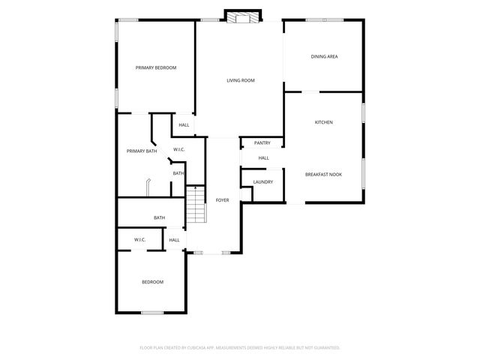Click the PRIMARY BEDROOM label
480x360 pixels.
156,68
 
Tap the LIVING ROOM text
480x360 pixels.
241,80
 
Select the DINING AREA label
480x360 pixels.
324,56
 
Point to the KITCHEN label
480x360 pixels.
323,122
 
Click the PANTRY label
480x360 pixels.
262,142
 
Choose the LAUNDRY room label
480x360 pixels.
262,181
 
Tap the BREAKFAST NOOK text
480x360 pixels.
323,174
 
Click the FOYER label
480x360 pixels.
223,200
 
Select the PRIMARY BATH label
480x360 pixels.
142,151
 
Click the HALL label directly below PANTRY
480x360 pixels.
263,158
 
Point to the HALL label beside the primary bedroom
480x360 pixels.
184,125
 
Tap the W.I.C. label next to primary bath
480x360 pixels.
179,150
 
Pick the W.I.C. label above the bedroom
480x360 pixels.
139,239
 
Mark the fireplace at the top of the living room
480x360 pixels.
242,17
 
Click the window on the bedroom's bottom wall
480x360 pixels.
152,312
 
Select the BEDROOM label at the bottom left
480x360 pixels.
152,282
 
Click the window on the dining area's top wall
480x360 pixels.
322,19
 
